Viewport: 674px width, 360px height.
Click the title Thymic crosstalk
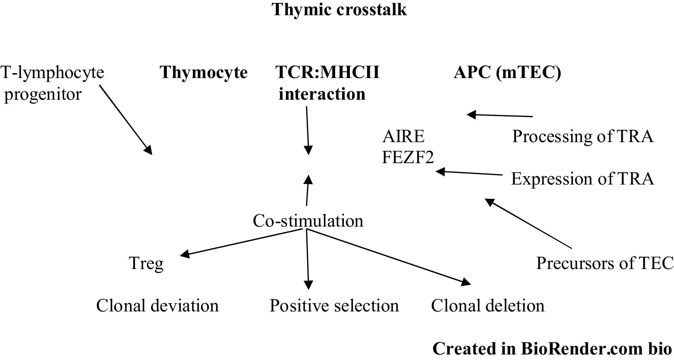click(x=339, y=10)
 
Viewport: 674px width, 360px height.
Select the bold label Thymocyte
click(x=204, y=73)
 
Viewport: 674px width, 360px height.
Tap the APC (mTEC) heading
click(x=507, y=73)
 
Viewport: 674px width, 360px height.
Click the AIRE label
click(x=403, y=136)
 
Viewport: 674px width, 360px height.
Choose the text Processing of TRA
click(x=583, y=136)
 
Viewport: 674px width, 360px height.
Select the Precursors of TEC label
click(x=605, y=263)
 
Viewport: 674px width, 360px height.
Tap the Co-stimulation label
click(x=308, y=221)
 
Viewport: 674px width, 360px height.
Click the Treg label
click(x=146, y=264)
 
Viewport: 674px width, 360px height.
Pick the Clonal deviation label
click(x=158, y=306)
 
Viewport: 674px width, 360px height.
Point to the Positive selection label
click(x=334, y=306)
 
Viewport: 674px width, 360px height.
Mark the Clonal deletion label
click(x=488, y=306)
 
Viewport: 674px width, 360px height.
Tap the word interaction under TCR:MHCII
click(x=322, y=94)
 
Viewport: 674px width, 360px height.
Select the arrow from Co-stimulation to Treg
click(x=243, y=243)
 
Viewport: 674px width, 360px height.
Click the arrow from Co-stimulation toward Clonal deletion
click(x=388, y=257)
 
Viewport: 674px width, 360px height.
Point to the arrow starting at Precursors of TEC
click(x=528, y=223)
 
